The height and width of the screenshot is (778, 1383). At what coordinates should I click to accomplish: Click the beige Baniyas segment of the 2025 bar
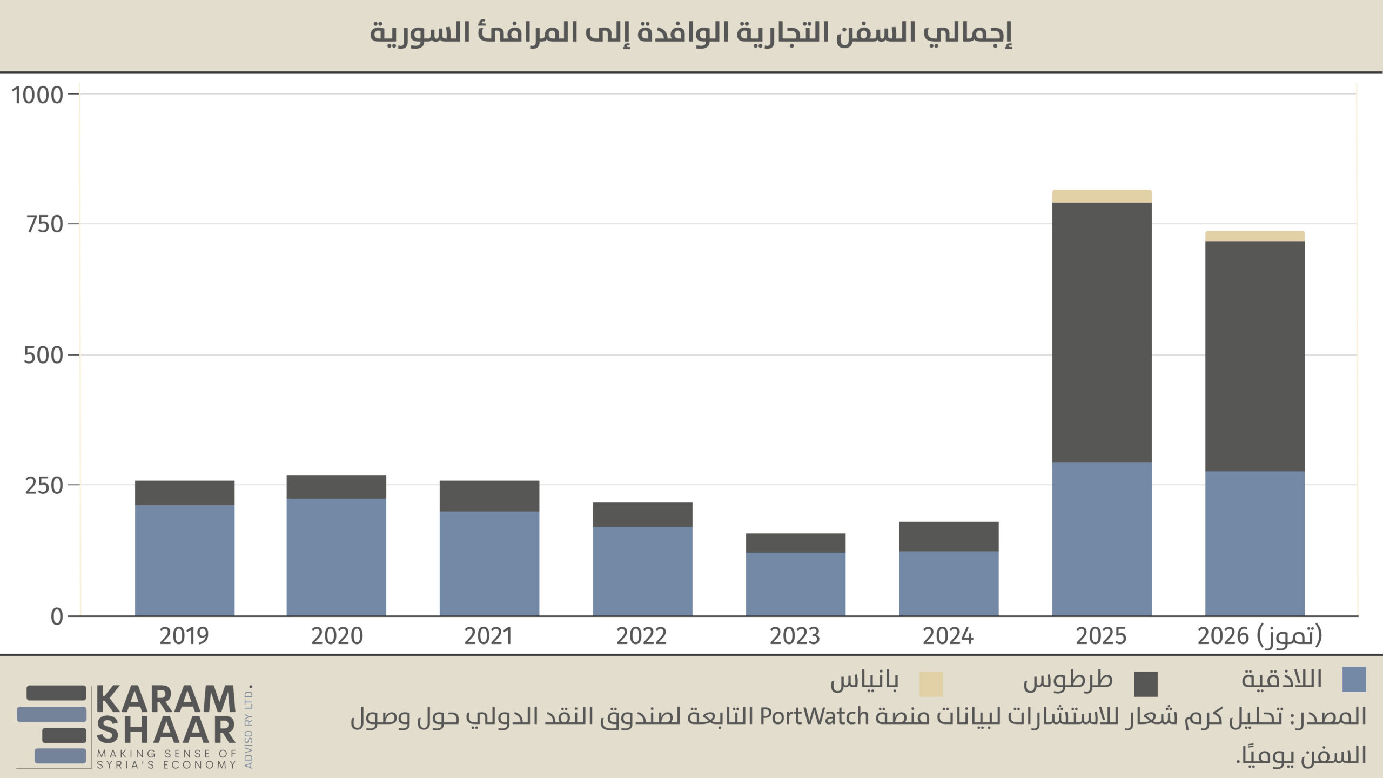pyautogui.click(x=1102, y=196)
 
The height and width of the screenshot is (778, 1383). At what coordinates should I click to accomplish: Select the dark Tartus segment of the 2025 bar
pyautogui.click(x=1102, y=332)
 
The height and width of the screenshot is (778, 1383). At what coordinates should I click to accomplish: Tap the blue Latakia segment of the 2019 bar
pyautogui.click(x=185, y=560)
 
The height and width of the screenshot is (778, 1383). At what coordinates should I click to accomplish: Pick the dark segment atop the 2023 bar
pyautogui.click(x=796, y=543)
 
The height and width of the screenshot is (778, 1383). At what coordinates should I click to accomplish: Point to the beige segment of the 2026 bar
pyautogui.click(x=1255, y=236)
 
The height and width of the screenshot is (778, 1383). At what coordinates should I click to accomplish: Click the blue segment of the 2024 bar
pyautogui.click(x=949, y=583)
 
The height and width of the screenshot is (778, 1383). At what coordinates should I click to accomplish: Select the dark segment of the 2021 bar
pyautogui.click(x=489, y=496)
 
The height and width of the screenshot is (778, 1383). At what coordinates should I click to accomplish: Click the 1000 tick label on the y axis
pyautogui.click(x=37, y=95)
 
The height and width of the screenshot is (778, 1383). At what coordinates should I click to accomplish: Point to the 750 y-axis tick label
pyautogui.click(x=45, y=224)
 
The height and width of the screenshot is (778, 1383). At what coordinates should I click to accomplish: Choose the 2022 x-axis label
pyautogui.click(x=642, y=636)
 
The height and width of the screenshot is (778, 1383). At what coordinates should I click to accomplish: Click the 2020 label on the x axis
pyautogui.click(x=337, y=636)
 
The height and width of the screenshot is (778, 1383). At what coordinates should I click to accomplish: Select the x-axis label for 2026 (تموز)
pyautogui.click(x=1260, y=636)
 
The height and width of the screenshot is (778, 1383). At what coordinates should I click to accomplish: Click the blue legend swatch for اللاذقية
pyautogui.click(x=1354, y=680)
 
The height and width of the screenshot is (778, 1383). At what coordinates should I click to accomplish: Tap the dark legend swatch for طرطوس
pyautogui.click(x=1146, y=684)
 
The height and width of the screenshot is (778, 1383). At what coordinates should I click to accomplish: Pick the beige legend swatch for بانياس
pyautogui.click(x=931, y=684)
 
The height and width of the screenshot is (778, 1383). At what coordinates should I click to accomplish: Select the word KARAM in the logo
pyautogui.click(x=166, y=700)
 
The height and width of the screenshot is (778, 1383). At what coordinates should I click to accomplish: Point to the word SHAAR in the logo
pyautogui.click(x=166, y=730)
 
